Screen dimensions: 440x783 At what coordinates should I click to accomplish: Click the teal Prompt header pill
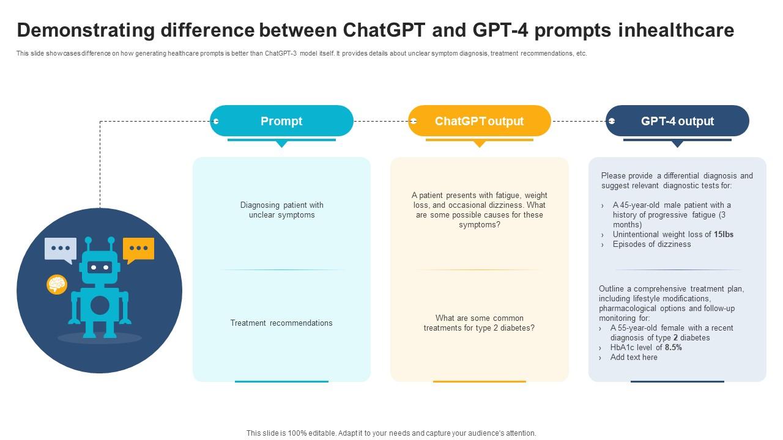point(281,121)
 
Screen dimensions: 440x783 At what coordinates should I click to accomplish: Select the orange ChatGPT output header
point(479,121)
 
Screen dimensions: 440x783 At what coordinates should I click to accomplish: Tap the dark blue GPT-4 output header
point(677,121)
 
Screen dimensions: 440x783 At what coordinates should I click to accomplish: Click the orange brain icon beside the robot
point(57,284)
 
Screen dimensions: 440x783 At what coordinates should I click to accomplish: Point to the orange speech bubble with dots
point(138,249)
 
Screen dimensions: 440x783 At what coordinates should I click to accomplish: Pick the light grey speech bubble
point(61,249)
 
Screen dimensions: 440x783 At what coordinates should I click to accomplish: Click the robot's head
point(100,267)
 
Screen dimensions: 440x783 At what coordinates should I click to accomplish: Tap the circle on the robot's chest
point(100,305)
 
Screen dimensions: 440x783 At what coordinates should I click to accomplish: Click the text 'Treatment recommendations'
point(281,323)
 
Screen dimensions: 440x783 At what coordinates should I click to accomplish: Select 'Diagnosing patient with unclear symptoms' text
point(281,210)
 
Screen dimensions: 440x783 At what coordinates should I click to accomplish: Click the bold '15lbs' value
point(724,234)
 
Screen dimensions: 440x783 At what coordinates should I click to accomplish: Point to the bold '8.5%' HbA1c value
point(674,347)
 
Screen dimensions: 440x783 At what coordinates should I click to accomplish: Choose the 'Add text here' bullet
point(634,357)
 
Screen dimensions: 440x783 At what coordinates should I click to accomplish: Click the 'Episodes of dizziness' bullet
point(651,244)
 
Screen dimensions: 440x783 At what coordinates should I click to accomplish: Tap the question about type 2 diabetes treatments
point(479,323)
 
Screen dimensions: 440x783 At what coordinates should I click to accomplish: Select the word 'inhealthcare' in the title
point(676,30)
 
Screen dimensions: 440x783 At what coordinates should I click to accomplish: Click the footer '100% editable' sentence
point(391,433)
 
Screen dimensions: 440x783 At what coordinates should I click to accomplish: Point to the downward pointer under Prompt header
point(281,144)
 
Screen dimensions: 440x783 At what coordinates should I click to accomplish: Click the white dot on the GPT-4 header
point(611,121)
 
